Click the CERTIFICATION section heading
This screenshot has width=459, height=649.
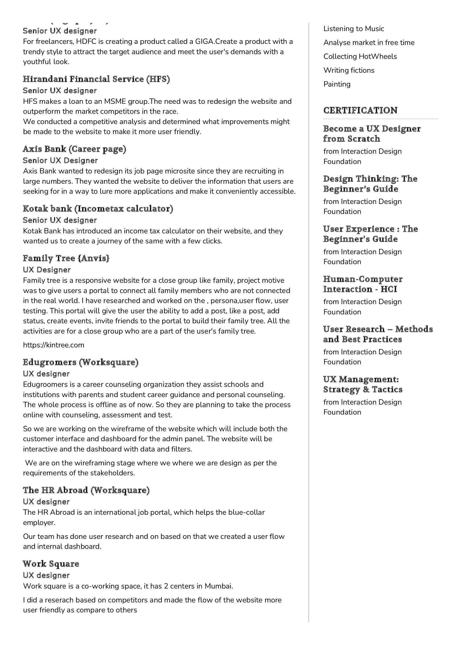tap(360, 110)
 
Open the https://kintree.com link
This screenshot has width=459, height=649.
tap(53, 345)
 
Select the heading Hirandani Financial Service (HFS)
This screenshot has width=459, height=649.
tap(96, 79)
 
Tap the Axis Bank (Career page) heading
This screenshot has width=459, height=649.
tap(74, 149)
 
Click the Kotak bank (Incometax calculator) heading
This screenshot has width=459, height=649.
tap(98, 209)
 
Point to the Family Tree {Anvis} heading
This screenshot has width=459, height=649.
tap(66, 258)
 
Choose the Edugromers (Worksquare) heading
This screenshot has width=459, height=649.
tap(81, 362)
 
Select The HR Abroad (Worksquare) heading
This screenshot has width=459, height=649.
tap(86, 490)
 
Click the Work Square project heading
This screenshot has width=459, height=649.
tap(51, 564)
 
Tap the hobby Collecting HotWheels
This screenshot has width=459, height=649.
tap(360, 56)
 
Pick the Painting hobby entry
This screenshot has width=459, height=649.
tap(337, 84)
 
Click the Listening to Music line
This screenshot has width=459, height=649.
tap(353, 29)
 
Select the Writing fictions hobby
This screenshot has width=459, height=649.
tap(349, 70)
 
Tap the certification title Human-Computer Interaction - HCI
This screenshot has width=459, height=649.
tap(363, 284)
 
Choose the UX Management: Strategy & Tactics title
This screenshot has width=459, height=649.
tap(363, 384)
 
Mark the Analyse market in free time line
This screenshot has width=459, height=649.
tap(369, 42)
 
